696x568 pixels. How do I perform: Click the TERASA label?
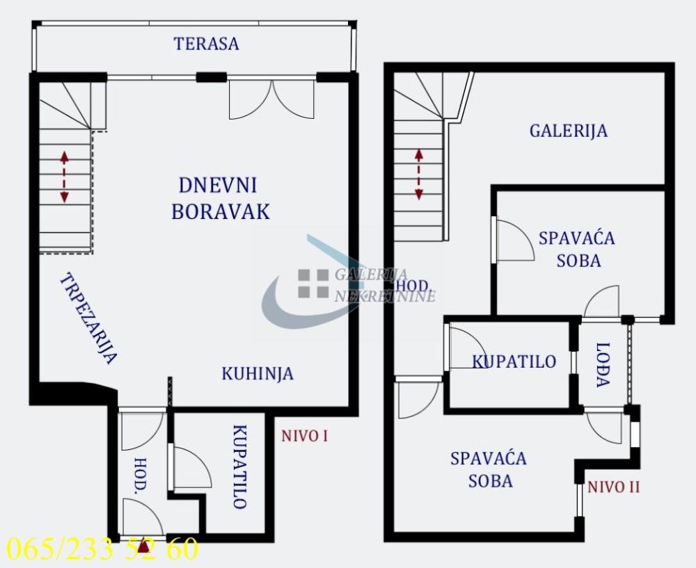click(x=206, y=44)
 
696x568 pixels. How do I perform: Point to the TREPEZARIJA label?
click(x=88, y=318)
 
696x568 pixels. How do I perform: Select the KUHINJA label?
click(x=258, y=373)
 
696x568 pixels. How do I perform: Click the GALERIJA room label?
click(x=569, y=131)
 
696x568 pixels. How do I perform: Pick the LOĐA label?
click(x=603, y=364)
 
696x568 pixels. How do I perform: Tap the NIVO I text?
click(x=304, y=437)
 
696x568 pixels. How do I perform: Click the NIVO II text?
click(x=613, y=487)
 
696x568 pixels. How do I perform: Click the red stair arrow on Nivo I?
click(x=64, y=177)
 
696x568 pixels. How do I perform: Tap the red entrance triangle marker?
click(x=144, y=548)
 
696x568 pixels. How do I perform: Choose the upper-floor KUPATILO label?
click(x=514, y=362)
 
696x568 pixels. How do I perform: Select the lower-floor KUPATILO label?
click(x=239, y=466)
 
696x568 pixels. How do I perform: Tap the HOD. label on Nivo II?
click(x=411, y=286)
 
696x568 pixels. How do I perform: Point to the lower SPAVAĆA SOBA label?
click(x=488, y=469)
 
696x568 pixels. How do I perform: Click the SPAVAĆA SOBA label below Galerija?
click(x=576, y=249)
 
